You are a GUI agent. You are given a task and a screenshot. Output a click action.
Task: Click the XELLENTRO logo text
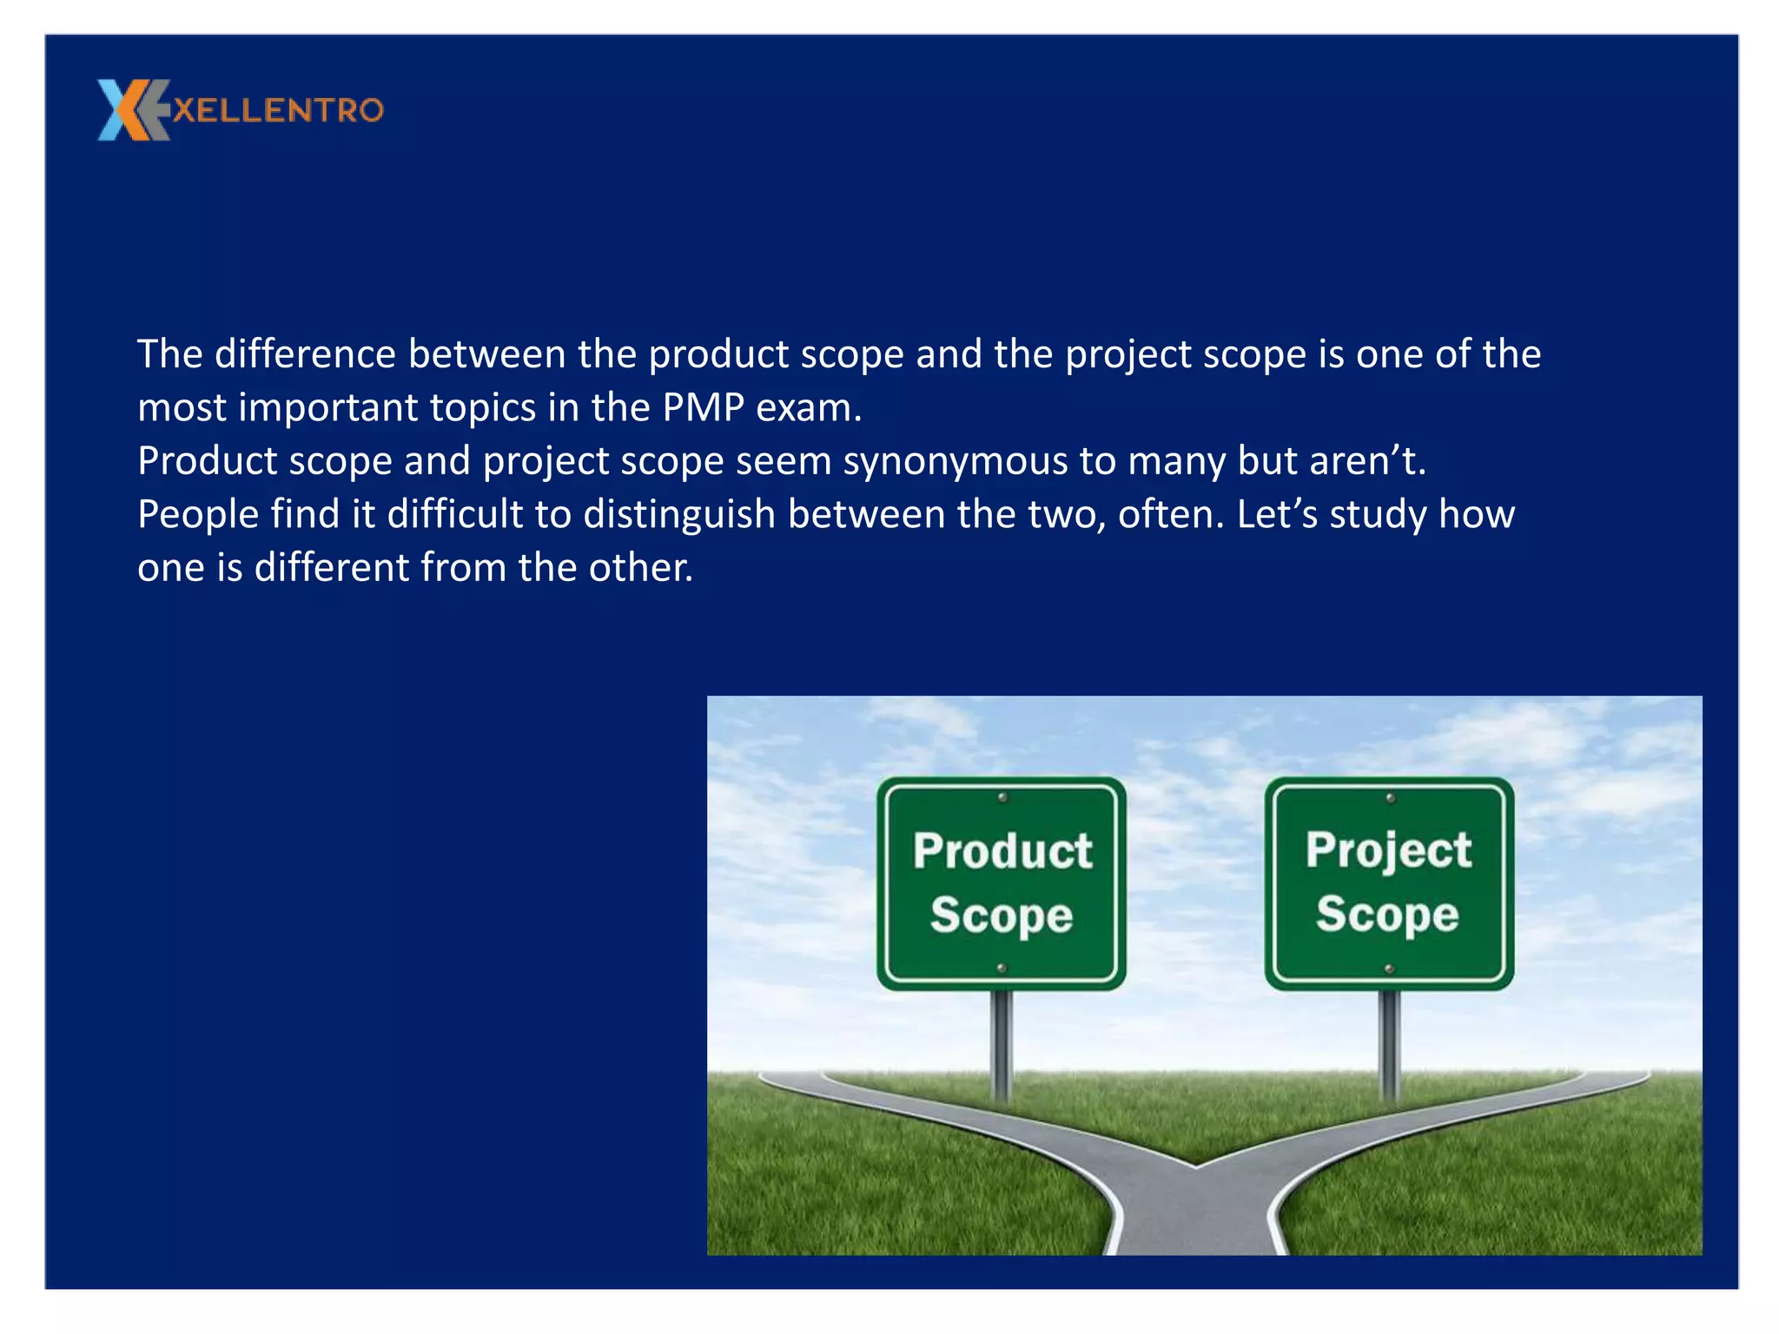pyautogui.click(x=278, y=110)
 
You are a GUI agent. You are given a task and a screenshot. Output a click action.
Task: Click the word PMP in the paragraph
pyautogui.click(x=703, y=407)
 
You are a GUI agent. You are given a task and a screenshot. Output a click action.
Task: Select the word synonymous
pyautogui.click(x=955, y=461)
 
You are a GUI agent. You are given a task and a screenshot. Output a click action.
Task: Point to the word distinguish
pyautogui.click(x=678, y=514)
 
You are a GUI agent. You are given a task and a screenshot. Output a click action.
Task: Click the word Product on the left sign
pyautogui.click(x=1002, y=850)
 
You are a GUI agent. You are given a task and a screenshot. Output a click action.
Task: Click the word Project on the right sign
pyautogui.click(x=1388, y=850)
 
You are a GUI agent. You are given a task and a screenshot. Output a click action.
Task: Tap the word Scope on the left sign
pyautogui.click(x=1002, y=915)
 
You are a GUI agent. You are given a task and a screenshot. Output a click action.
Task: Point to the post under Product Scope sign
pyautogui.click(x=1002, y=1042)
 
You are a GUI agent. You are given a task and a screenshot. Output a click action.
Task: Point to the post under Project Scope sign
pyautogui.click(x=1390, y=1042)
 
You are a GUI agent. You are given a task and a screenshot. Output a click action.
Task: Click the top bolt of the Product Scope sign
pyautogui.click(x=1002, y=797)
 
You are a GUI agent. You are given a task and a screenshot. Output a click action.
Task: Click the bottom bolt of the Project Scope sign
pyautogui.click(x=1389, y=968)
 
